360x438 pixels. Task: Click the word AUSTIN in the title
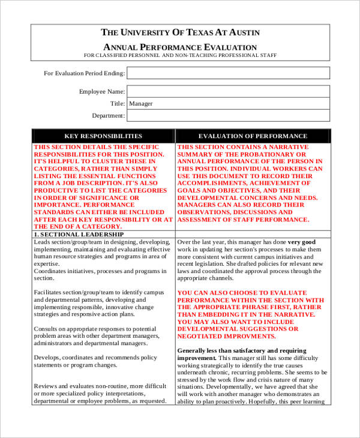243,32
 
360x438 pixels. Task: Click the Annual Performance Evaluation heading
181,47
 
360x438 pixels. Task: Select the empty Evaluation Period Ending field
228,73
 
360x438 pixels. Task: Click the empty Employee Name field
228,92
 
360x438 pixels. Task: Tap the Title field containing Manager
228,104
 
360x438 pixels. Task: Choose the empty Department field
228,116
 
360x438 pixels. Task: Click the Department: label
108,116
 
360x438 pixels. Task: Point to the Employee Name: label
102,92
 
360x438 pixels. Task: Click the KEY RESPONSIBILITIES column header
103,136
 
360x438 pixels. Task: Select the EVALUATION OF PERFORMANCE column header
253,136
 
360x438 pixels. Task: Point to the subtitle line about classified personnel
181,55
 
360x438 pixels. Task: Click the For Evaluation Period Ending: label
84,73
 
